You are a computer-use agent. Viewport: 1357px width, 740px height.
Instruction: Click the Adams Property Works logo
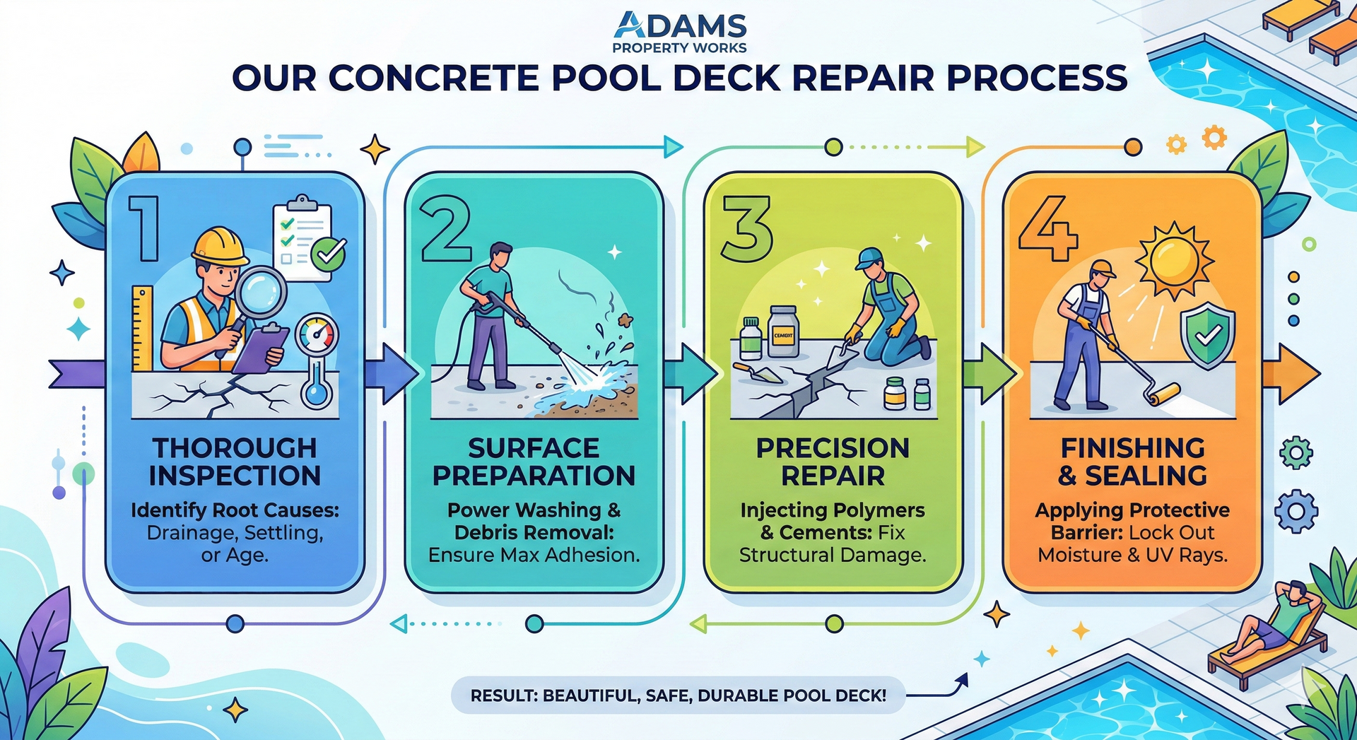[679, 32]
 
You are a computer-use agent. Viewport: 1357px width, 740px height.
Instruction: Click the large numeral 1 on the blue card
[145, 228]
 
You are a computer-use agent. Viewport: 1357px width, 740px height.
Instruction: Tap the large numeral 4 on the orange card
[1048, 228]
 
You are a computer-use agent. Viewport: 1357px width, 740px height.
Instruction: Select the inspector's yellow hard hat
[220, 245]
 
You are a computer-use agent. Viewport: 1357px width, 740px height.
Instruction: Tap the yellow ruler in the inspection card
[142, 328]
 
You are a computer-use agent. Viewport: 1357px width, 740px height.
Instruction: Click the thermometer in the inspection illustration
[316, 360]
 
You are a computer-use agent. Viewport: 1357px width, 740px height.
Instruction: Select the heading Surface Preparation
[534, 462]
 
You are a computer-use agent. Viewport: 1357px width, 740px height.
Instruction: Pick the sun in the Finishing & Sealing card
[1173, 260]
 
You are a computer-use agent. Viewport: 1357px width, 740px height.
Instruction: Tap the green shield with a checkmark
[1208, 335]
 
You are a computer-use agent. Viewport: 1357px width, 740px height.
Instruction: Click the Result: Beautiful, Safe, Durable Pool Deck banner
[678, 695]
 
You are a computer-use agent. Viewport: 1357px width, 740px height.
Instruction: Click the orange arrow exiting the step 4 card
[1291, 374]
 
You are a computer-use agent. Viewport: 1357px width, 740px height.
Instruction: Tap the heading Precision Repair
[833, 462]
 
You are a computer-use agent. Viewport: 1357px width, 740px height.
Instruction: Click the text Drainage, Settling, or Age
[235, 544]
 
